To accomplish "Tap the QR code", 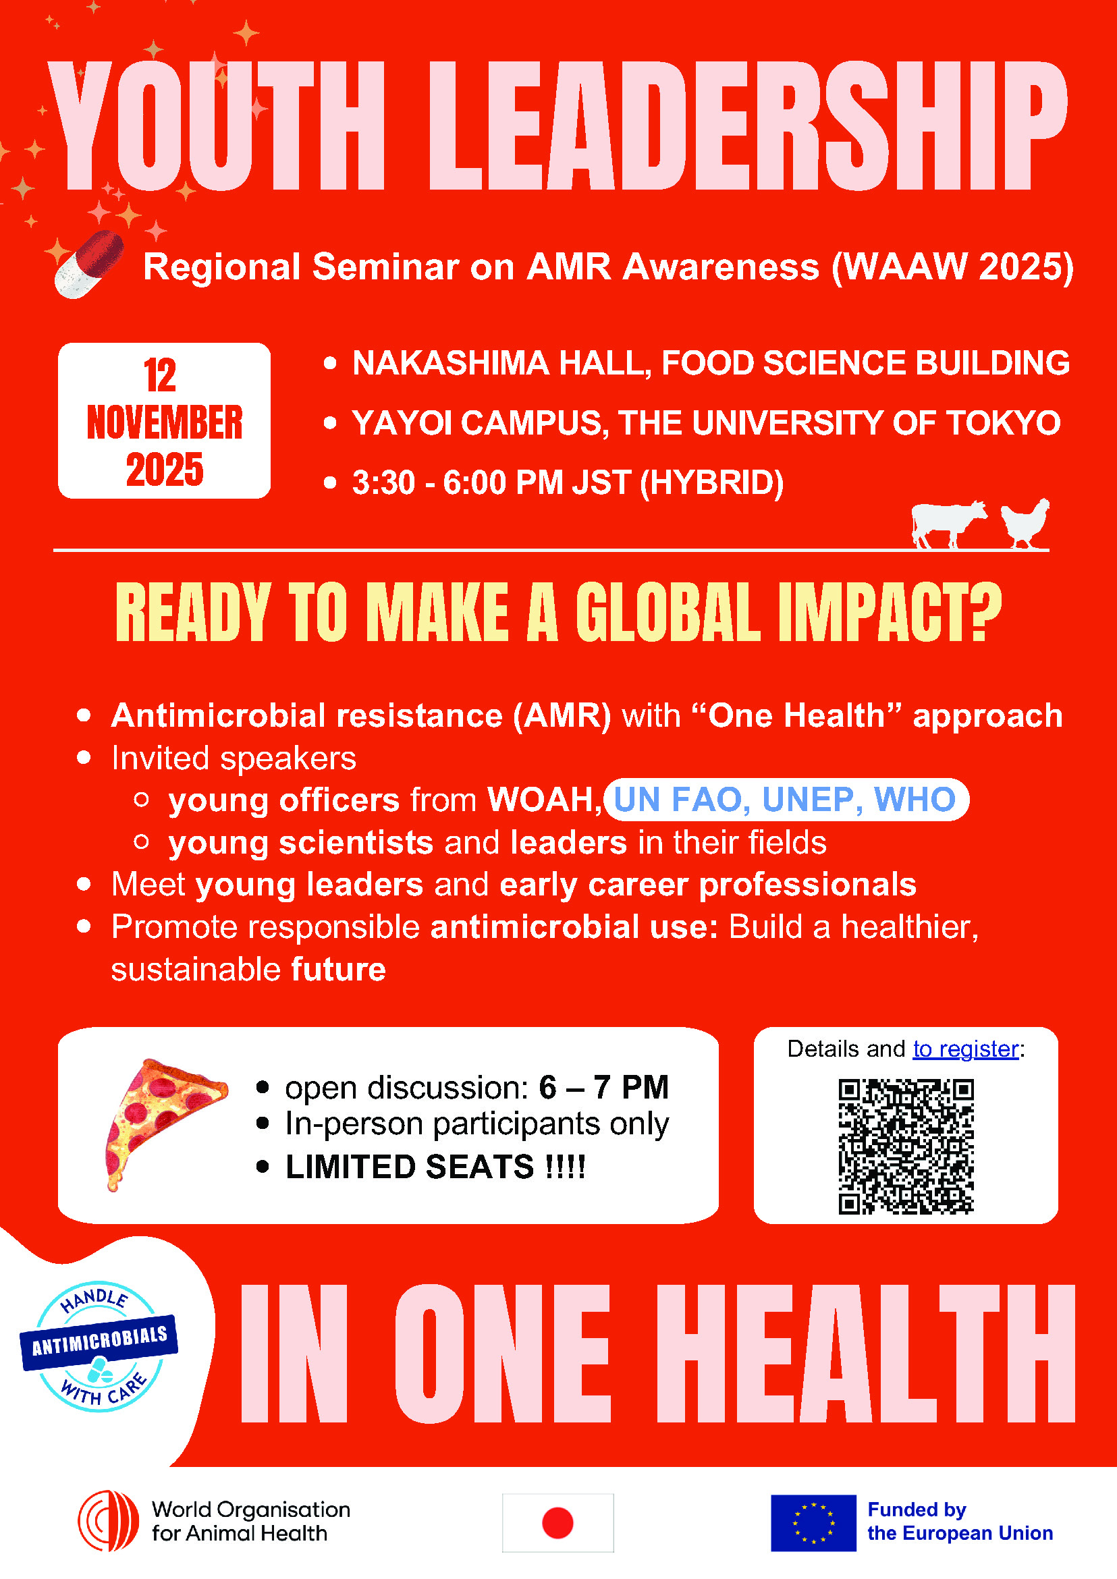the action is (906, 1147).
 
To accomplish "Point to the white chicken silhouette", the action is (1025, 524).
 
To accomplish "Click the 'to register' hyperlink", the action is (965, 1049).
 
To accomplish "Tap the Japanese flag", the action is (557, 1522).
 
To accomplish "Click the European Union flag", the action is (813, 1522).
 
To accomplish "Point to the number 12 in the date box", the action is (160, 375).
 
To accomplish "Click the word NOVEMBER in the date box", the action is (165, 422).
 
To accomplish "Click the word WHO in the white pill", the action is (915, 799).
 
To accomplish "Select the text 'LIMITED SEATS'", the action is (409, 1167).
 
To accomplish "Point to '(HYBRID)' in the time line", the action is (711, 482).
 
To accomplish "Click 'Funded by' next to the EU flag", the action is (917, 1510).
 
